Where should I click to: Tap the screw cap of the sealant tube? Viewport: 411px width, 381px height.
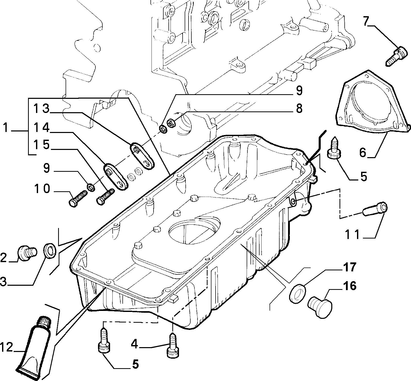pyautogui.click(x=44, y=322)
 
